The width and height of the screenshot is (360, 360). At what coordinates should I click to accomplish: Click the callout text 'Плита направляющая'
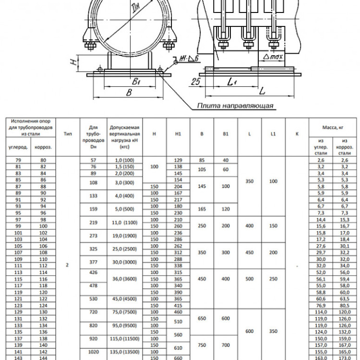[x=235, y=106]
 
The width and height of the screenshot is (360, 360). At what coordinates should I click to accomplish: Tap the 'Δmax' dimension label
[x=273, y=57]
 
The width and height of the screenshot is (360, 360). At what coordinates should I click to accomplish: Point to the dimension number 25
[x=196, y=82]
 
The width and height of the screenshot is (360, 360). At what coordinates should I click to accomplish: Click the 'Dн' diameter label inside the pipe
[x=137, y=9]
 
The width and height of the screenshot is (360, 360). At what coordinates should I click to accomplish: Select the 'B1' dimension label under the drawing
[x=136, y=81]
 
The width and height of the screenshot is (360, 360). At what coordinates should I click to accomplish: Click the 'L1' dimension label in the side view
[x=232, y=82]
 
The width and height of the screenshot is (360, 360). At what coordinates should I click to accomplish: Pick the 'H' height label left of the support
[x=73, y=62]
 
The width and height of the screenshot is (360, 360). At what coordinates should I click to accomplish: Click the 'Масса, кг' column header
[x=333, y=128]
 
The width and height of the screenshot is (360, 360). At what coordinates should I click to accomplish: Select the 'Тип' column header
[x=68, y=134]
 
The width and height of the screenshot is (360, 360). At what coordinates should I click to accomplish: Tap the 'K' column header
[x=297, y=134]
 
